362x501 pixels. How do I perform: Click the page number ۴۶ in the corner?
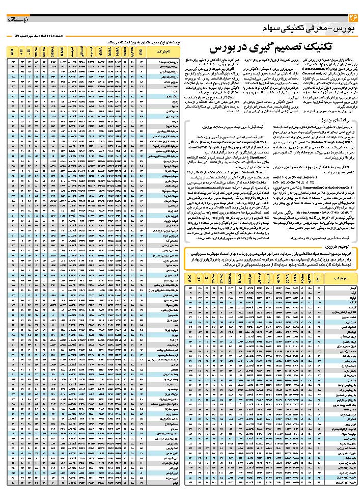coord(352,19)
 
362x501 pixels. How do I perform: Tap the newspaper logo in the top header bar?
coord(19,19)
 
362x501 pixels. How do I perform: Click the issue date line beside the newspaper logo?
coord(47,36)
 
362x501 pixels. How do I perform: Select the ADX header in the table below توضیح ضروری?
coord(190,279)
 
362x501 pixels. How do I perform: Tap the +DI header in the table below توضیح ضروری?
coord(200,279)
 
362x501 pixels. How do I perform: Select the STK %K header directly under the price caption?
coord(43,51)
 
